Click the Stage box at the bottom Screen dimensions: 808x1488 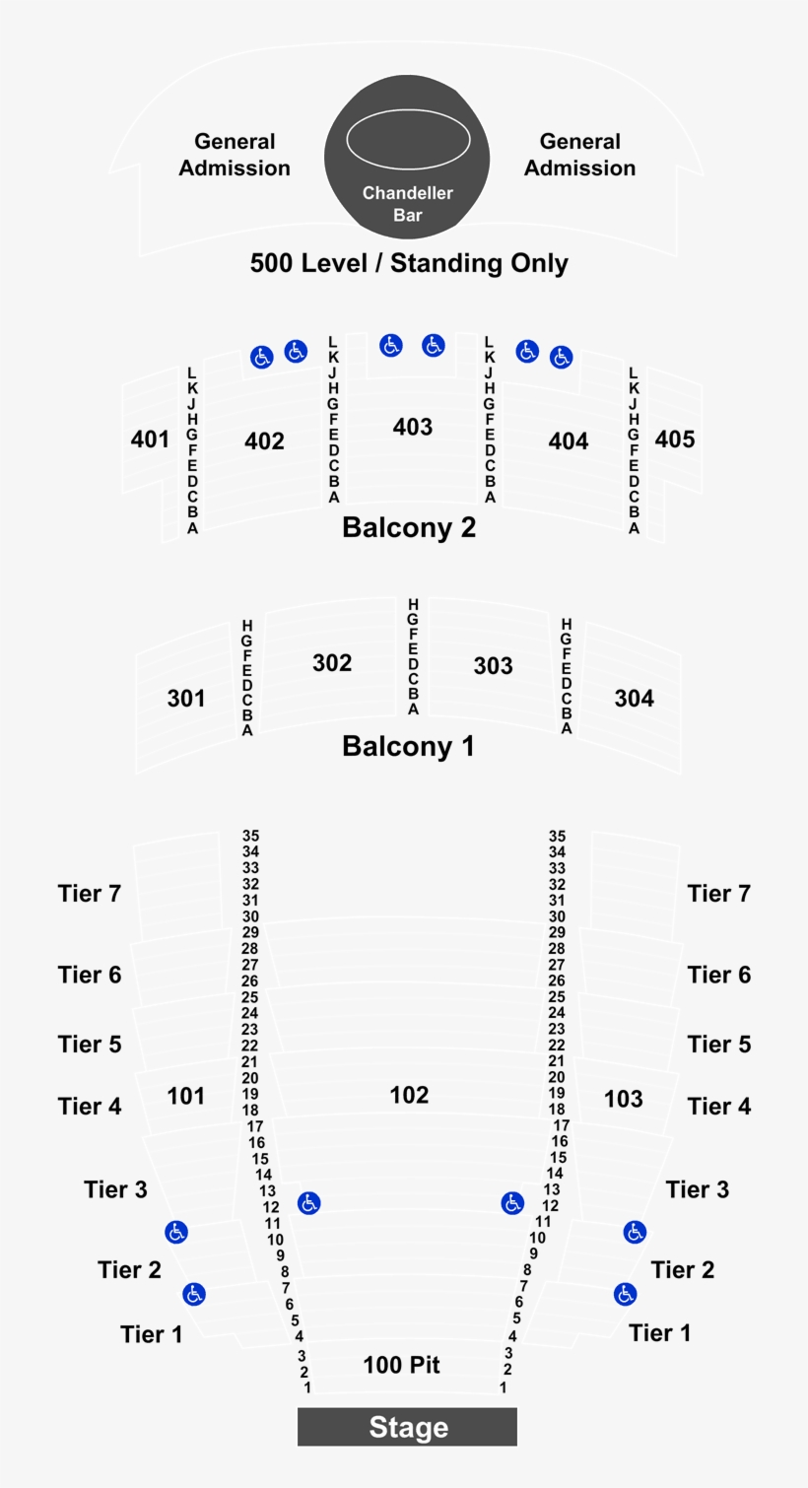[x=407, y=1427]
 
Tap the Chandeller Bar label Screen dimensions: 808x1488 [x=407, y=203]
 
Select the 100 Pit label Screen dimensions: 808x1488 [x=401, y=1365]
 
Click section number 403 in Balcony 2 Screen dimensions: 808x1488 [x=412, y=426]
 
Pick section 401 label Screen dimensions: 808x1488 [x=150, y=439]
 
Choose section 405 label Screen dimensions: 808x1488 [x=675, y=439]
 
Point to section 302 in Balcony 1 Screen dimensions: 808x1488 [x=332, y=662]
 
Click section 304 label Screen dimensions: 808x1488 [x=634, y=698]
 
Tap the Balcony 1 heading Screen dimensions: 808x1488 [x=408, y=746]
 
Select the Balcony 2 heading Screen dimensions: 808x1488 [x=408, y=527]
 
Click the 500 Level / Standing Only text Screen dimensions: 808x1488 [x=409, y=263]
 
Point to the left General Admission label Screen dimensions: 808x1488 [x=235, y=155]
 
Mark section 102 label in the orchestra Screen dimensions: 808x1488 [x=409, y=1095]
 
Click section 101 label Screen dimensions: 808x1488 [x=186, y=1095]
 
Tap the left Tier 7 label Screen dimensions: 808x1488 [x=90, y=893]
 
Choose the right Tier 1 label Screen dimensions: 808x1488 [x=660, y=1332]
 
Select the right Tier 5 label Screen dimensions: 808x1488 [x=719, y=1044]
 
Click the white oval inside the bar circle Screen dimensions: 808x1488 [x=408, y=139]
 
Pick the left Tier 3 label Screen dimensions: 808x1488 [x=115, y=1189]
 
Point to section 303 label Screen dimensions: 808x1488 [x=493, y=665]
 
